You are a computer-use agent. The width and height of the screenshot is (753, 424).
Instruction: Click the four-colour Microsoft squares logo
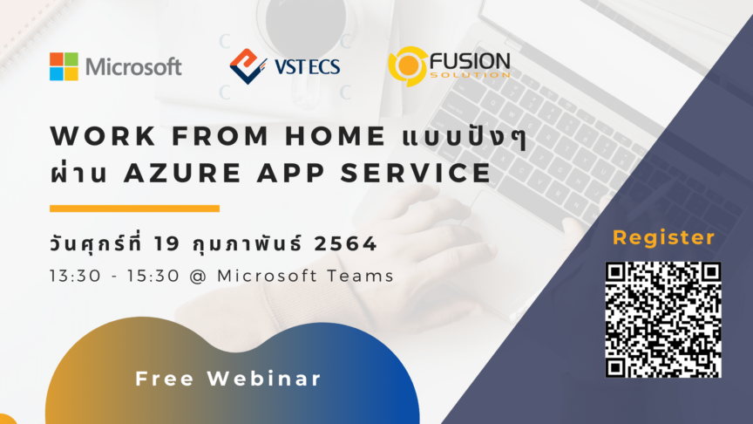[64, 66]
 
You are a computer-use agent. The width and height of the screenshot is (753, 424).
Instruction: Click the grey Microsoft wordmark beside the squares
[133, 67]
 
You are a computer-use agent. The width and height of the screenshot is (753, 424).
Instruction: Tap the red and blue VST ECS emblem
[248, 66]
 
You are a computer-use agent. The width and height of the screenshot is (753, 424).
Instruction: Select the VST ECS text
[308, 67]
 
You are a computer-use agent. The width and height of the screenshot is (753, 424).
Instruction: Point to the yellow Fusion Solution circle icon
[408, 66]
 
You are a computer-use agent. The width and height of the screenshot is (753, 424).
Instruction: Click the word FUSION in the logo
[470, 62]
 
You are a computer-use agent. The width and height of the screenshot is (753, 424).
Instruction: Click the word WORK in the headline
[103, 135]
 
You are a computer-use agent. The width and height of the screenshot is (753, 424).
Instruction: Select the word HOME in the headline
[336, 135]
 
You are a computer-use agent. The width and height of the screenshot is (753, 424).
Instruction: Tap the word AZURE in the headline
[182, 173]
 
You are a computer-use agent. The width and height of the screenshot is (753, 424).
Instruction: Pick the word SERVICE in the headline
[416, 173]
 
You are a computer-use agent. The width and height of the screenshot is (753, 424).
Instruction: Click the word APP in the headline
[291, 173]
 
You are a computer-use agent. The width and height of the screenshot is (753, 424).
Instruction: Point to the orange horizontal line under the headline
[134, 209]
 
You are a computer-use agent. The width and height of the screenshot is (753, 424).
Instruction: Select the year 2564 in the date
[345, 243]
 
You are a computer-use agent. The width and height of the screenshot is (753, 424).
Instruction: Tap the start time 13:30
[76, 276]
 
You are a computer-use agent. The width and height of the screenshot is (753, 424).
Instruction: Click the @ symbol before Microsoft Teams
[198, 277]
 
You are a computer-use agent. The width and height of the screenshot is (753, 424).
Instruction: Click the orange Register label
[664, 238]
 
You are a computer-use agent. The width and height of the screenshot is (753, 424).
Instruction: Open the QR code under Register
[663, 319]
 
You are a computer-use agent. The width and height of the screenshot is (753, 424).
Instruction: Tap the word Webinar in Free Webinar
[264, 379]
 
